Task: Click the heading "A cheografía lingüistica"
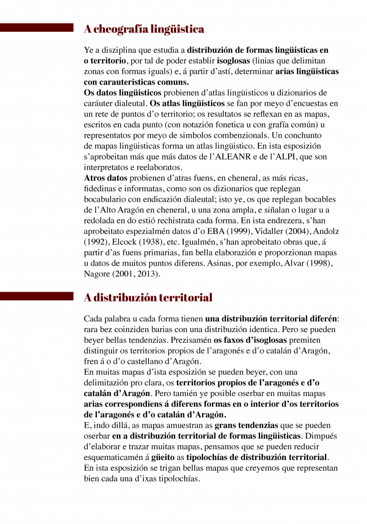(144, 29)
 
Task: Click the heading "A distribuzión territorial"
(148, 297)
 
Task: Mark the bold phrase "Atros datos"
(105, 178)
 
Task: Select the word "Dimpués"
(320, 436)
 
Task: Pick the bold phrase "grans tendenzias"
(247, 425)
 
